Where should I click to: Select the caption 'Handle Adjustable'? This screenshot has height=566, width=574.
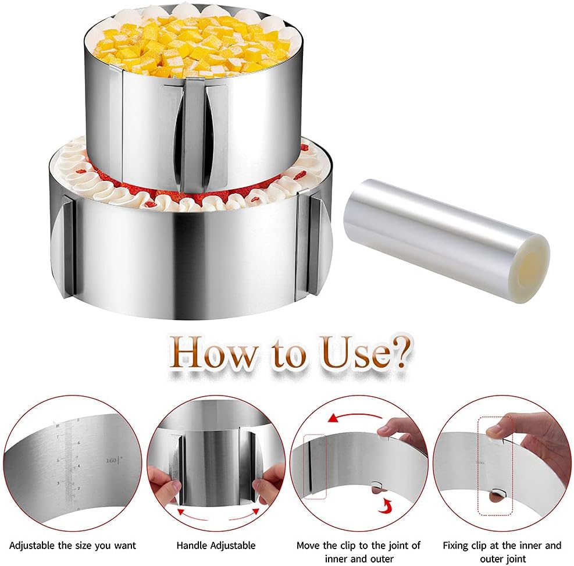216,545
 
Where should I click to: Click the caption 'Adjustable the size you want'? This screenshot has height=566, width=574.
72,545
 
